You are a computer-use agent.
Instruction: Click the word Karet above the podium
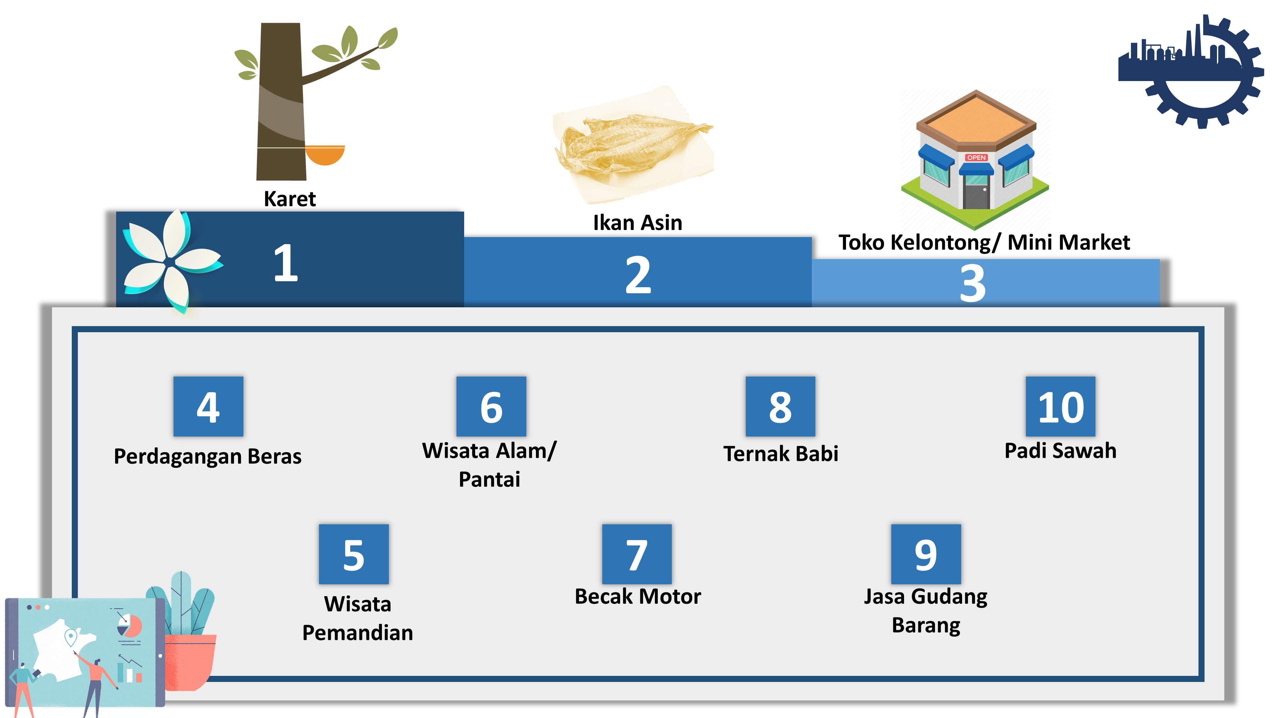(x=290, y=199)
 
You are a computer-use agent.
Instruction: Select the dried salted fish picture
(x=633, y=144)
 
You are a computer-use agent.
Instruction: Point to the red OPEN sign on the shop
(x=976, y=158)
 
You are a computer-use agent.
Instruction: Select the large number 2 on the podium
(x=638, y=275)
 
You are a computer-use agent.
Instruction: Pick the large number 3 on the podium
(x=972, y=283)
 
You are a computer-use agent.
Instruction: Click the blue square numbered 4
(x=208, y=406)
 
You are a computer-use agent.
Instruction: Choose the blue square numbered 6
(x=491, y=406)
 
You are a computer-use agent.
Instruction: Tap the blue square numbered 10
(x=1061, y=406)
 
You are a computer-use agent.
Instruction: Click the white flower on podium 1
(x=171, y=260)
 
